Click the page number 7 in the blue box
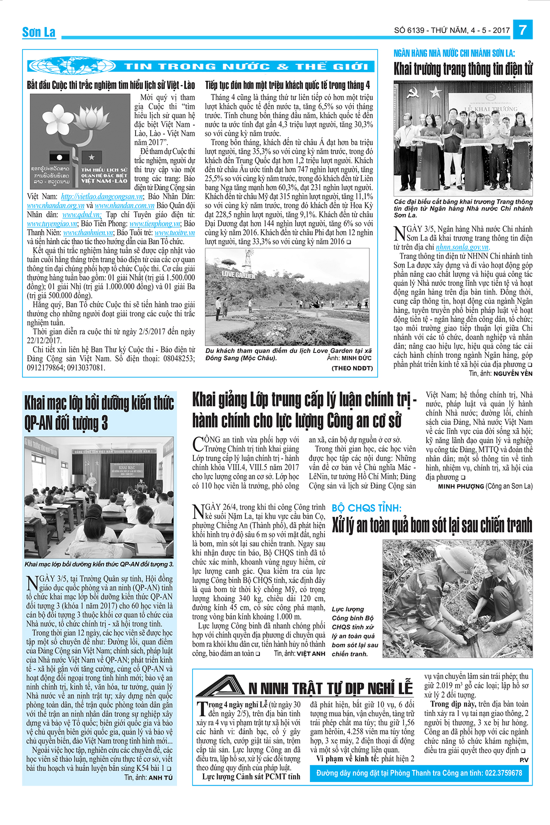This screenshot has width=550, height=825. [523, 30]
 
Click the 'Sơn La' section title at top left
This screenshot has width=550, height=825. [39, 32]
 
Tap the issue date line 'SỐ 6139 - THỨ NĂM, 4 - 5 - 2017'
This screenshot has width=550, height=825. [451, 30]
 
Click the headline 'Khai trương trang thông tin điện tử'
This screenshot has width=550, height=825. [463, 69]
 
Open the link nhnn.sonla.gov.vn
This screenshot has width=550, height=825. [462, 247]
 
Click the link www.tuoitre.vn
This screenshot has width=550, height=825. [175, 232]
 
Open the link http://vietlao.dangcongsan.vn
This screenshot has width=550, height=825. [102, 197]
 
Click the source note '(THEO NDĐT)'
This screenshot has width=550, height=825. [352, 368]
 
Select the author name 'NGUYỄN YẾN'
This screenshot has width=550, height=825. [513, 374]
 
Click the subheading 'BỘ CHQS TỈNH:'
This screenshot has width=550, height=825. [366, 508]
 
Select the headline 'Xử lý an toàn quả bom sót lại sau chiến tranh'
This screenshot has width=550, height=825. [432, 525]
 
